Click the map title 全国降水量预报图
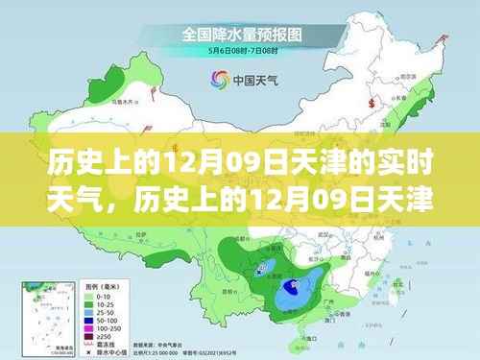[x=239, y=35]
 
